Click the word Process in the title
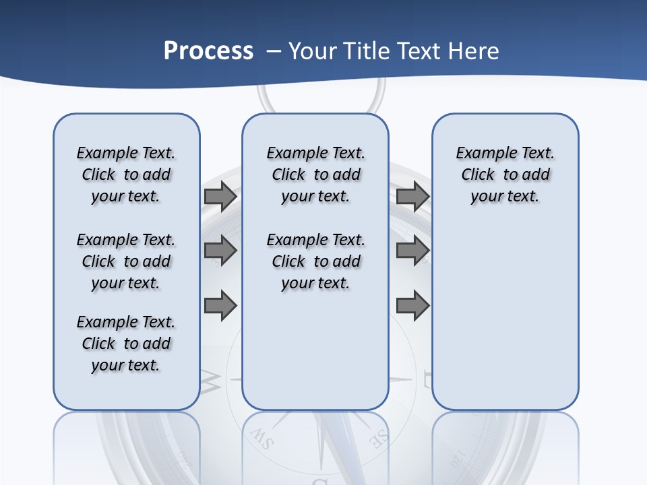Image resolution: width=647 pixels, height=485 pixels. click(x=208, y=51)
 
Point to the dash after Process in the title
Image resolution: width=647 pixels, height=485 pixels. click(x=274, y=52)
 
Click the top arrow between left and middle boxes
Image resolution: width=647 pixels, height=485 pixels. click(x=220, y=197)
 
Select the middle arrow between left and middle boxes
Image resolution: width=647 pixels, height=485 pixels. click(x=220, y=251)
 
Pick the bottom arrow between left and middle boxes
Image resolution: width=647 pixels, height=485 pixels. click(x=220, y=306)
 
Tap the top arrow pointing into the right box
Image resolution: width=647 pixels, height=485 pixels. click(x=412, y=197)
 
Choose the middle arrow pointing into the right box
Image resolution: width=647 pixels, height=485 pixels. click(x=412, y=251)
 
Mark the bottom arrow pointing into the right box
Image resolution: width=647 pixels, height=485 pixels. click(x=412, y=306)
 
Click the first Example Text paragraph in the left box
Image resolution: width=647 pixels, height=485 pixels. click(x=126, y=174)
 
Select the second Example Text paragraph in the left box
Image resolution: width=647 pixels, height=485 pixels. click(x=126, y=261)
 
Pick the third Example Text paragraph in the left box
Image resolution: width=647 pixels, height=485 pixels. click(x=126, y=344)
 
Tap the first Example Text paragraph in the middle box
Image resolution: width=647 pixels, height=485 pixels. click(x=315, y=174)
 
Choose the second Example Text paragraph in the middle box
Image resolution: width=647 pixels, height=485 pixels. click(x=315, y=261)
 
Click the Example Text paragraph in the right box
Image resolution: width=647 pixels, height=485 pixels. click(x=505, y=174)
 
